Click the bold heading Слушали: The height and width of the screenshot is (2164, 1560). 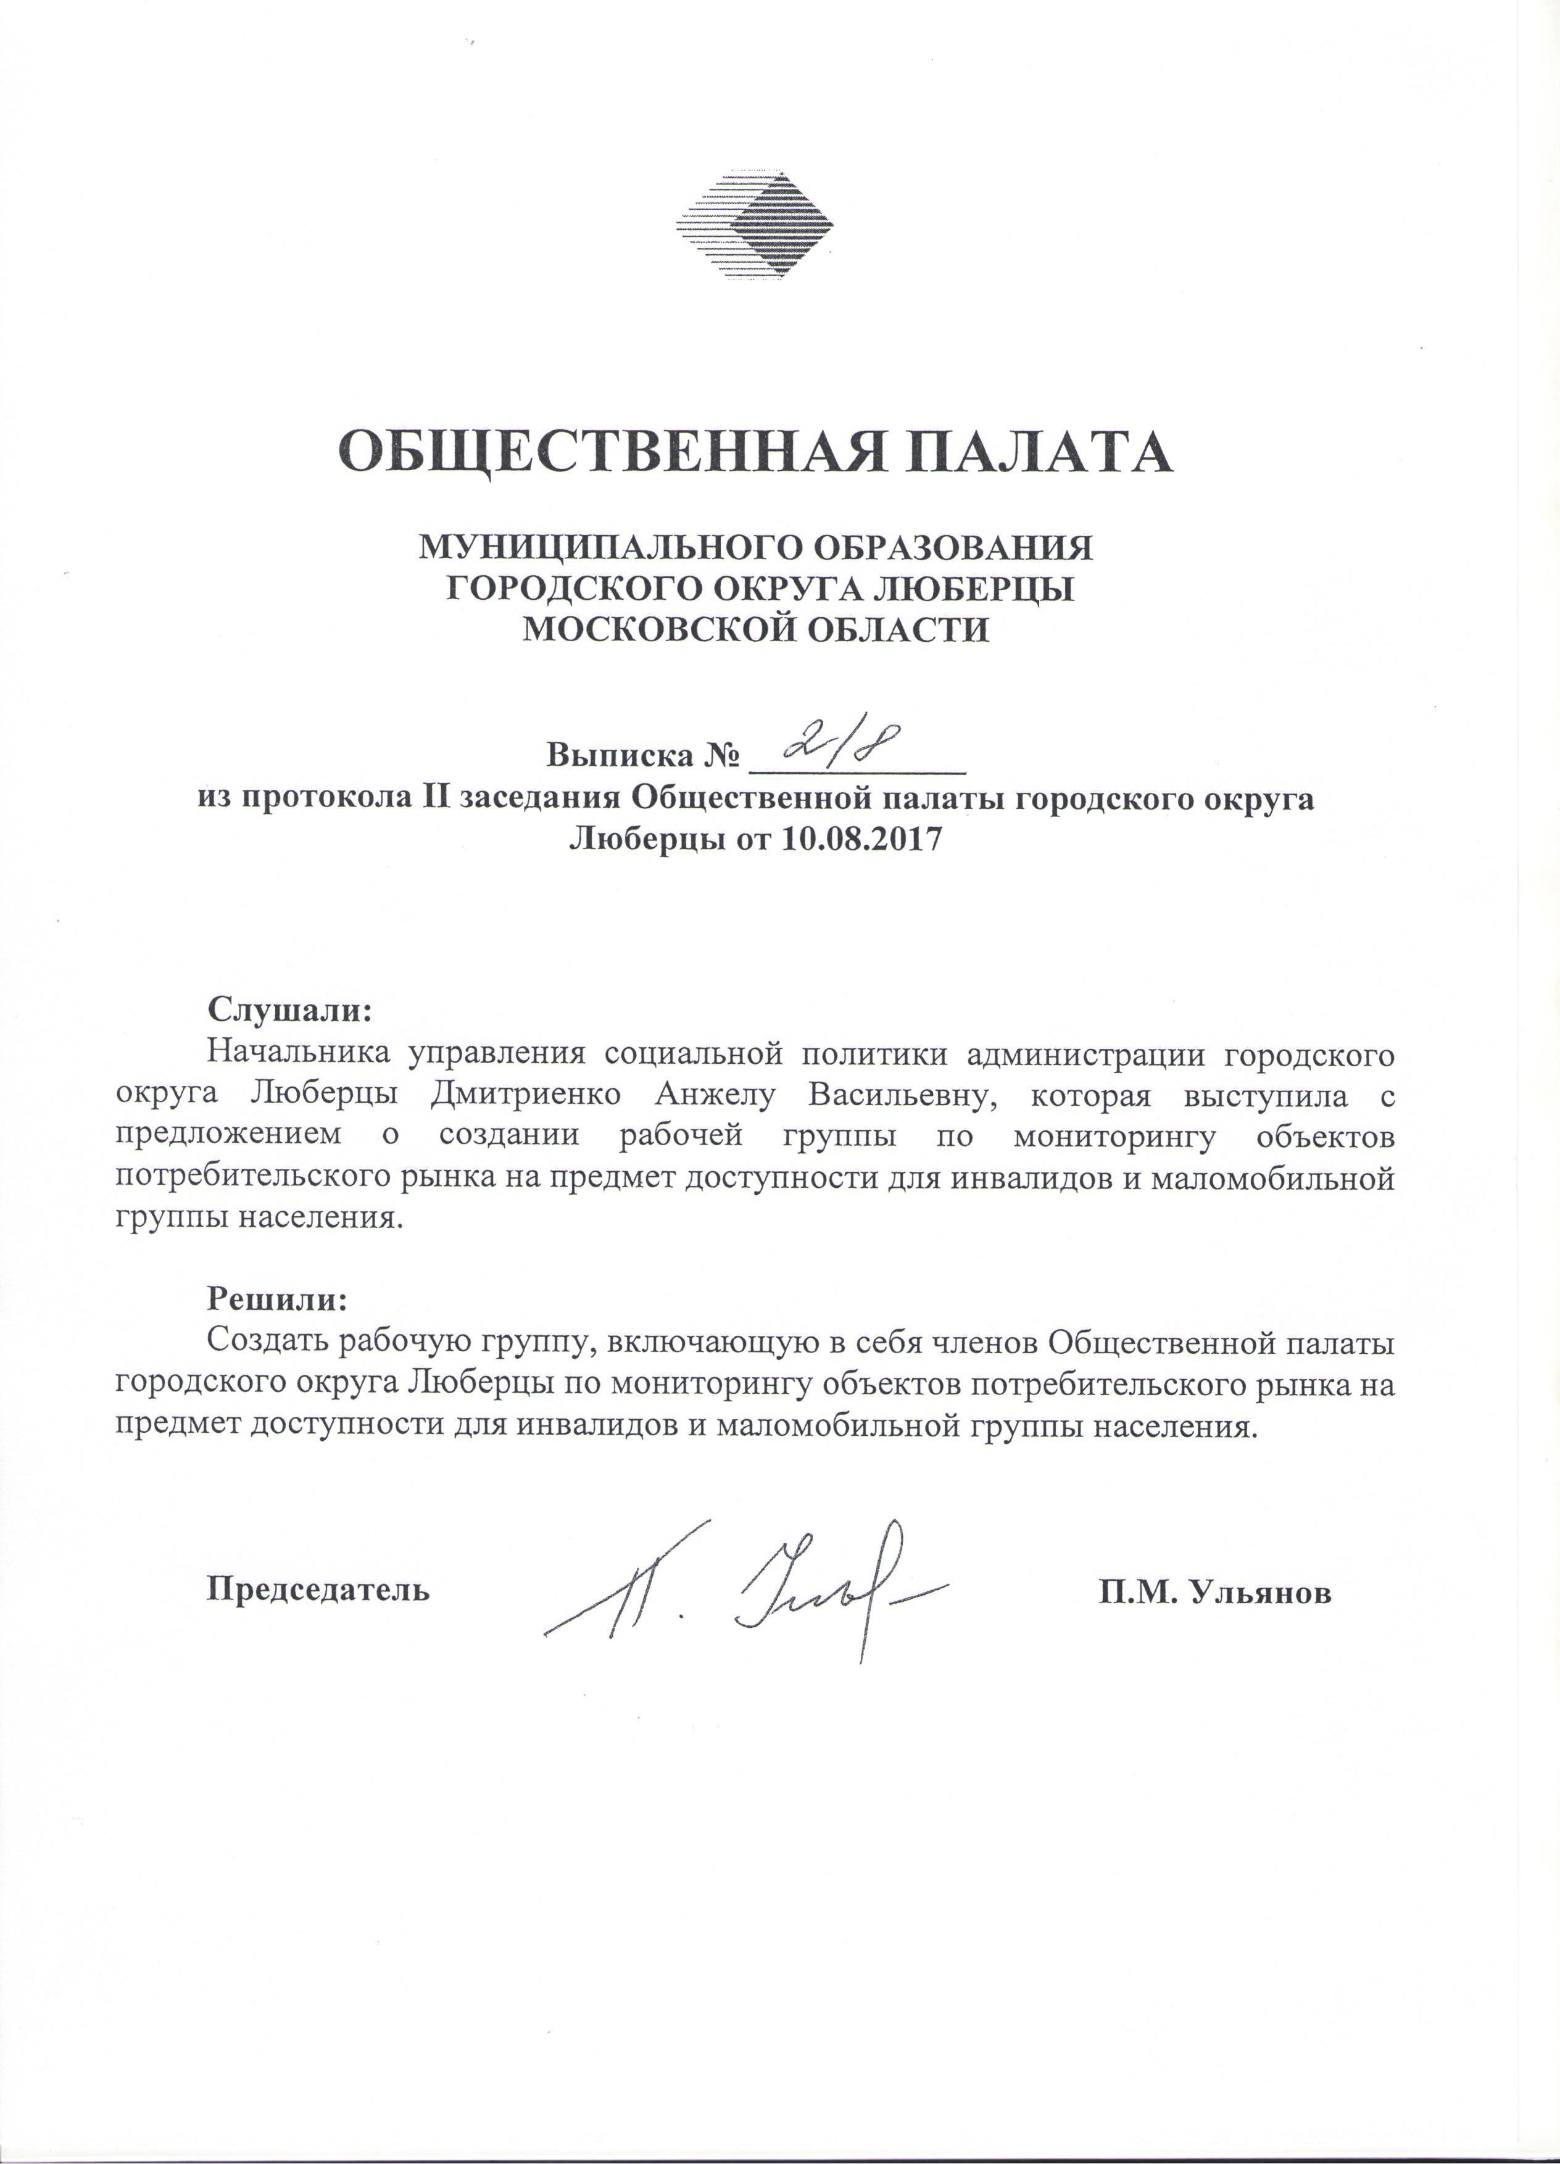[x=288, y=1008]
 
